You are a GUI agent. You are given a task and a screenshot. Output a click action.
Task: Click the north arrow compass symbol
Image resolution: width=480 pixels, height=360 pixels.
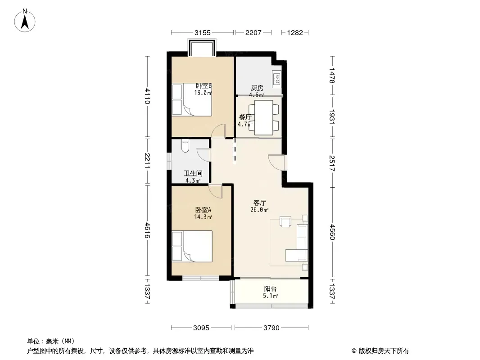tap(25, 21)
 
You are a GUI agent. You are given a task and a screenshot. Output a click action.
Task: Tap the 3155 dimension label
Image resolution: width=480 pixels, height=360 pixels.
tap(203, 32)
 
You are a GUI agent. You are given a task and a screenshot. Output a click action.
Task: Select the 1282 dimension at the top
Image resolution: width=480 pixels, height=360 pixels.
tap(295, 32)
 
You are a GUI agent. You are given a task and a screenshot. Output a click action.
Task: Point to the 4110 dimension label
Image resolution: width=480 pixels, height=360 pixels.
tap(147, 96)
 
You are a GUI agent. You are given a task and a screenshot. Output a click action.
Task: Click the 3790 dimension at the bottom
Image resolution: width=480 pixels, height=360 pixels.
tap(271, 328)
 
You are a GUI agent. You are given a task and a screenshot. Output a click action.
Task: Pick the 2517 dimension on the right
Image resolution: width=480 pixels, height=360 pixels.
tap(332, 163)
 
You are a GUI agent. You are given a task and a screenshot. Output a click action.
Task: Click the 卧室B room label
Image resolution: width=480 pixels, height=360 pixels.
tap(204, 86)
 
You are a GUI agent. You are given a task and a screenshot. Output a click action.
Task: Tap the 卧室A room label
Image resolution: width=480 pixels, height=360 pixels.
tap(203, 210)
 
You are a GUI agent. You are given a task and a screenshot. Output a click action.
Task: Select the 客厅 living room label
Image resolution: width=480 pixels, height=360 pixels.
tap(260, 202)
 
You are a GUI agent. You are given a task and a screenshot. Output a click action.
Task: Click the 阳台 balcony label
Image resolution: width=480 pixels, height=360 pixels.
tap(270, 288)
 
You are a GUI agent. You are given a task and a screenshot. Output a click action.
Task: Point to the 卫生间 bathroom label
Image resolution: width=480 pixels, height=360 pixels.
tap(193, 173)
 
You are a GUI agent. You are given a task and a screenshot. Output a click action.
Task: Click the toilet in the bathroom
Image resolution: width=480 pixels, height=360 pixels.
tap(185, 146)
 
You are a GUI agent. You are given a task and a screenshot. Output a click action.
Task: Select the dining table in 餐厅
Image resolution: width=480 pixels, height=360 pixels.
tap(263, 118)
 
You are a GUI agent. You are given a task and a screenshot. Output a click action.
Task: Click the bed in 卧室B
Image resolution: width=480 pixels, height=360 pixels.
tap(192, 100)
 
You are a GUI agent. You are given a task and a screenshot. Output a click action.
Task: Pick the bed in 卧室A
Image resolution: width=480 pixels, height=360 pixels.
tap(192, 246)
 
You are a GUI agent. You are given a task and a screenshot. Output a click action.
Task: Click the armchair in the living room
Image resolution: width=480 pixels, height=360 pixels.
tap(285, 221)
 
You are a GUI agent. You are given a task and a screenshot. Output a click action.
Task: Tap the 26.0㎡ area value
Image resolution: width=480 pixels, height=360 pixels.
tap(259, 210)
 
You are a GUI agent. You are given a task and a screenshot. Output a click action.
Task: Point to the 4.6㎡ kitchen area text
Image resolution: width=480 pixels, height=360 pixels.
tap(257, 95)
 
